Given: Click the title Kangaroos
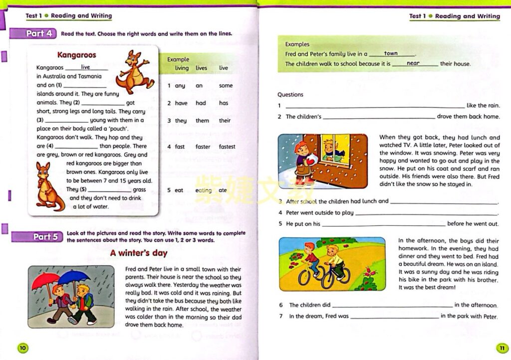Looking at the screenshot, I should click(x=76, y=55).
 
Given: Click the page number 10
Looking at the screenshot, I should click(x=23, y=347).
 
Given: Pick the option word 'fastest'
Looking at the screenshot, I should click(x=227, y=147).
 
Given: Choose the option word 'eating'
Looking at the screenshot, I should click(x=204, y=190).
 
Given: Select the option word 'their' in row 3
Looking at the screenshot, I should click(x=225, y=120).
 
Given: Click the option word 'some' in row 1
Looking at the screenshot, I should click(x=226, y=85).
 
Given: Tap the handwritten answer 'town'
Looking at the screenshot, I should click(x=391, y=53).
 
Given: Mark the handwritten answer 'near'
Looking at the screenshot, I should click(x=413, y=63).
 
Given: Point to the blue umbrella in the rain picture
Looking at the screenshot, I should click(x=75, y=277).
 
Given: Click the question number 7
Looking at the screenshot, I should click(x=281, y=316).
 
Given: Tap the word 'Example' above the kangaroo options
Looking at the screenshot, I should click(x=178, y=59).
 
